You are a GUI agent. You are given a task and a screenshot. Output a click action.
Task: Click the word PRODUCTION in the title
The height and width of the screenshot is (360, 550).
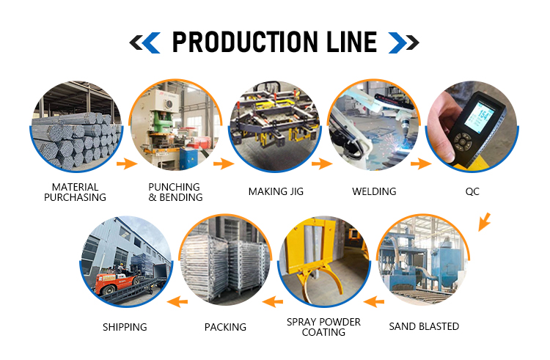coord(244,42)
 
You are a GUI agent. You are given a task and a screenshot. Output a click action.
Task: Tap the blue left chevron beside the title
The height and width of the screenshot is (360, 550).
coord(152,43)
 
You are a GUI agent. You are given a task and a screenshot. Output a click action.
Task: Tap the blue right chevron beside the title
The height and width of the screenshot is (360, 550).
coord(397,43)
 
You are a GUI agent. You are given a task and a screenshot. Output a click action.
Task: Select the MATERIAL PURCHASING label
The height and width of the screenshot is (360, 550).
coord(75,192)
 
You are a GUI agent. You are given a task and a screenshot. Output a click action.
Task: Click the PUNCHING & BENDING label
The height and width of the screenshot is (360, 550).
coord(175,192)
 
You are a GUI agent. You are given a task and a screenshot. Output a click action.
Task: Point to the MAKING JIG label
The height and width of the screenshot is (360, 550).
coord(276,191)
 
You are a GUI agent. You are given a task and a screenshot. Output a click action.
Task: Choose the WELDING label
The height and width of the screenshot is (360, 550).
coord(374,191)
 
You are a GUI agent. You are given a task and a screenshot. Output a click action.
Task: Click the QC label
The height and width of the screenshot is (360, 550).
coord(472,192)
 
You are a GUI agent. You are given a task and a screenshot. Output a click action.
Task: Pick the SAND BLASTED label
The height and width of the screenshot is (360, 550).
coord(424,326)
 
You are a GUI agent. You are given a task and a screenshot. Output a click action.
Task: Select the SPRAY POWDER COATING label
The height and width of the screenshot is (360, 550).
coord(323,327)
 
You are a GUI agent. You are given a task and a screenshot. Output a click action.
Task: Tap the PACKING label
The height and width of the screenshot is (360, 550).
coord(225,327)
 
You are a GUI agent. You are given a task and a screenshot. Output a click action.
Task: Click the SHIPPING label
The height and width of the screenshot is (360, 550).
coord(125,327)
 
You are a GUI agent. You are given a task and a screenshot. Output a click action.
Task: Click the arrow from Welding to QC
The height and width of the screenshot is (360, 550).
coord(421,164)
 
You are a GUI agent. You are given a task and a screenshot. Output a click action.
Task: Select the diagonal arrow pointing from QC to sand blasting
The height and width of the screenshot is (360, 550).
coord(484,222)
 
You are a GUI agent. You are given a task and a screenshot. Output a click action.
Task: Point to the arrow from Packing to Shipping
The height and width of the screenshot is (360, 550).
coord(177,301)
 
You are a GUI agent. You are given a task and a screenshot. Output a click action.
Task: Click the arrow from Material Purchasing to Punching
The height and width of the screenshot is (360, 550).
coord(127,164)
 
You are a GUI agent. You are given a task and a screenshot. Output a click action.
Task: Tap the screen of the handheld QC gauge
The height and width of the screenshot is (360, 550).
coord(480,117)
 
